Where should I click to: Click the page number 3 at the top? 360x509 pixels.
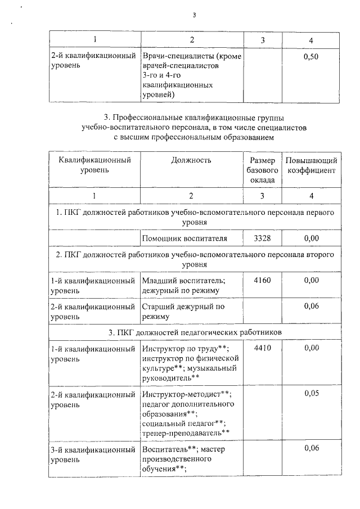point(194,15)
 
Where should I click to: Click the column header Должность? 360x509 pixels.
point(191,160)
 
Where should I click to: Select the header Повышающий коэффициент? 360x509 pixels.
point(311,165)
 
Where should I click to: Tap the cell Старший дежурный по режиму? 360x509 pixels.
point(183,312)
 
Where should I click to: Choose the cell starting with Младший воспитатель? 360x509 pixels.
point(183,285)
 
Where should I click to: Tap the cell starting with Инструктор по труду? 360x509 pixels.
point(187,362)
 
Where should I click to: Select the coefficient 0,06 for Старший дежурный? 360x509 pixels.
point(311,307)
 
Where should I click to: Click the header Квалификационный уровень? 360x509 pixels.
point(94,165)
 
